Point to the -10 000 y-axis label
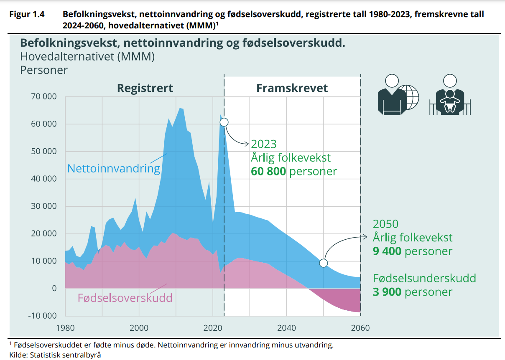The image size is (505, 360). point(42,316)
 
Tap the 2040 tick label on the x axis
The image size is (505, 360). point(286,328)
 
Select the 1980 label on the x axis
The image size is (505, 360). point(65,328)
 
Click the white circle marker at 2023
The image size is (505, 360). point(224,122)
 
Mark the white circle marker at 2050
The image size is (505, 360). point(323,263)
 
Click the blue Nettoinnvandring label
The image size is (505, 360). point(114,169)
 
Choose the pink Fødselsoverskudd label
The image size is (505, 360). point(125,298)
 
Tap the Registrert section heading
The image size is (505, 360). point(145,89)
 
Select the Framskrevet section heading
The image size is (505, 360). point(292,89)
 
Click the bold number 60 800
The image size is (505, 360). point(268,172)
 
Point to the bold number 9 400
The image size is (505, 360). point(387,251)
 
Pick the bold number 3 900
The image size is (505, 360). point(387,292)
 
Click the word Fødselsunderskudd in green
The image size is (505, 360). point(424,279)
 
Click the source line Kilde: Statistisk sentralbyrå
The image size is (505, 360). point(55,355)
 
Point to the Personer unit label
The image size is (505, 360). point(44,70)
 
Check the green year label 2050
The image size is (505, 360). point(385,224)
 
